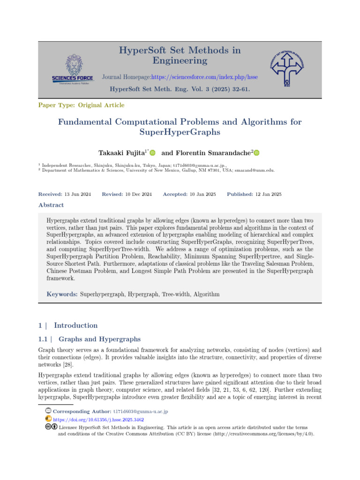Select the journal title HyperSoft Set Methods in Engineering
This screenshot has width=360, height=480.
point(180,55)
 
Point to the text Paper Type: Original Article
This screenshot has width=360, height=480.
point(81,105)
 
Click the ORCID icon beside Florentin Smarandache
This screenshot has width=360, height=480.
point(256,153)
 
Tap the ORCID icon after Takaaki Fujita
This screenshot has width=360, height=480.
point(152,153)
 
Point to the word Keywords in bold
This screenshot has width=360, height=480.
point(62,294)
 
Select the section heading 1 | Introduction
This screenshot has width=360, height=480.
point(67,325)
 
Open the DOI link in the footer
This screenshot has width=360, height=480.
point(98,419)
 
